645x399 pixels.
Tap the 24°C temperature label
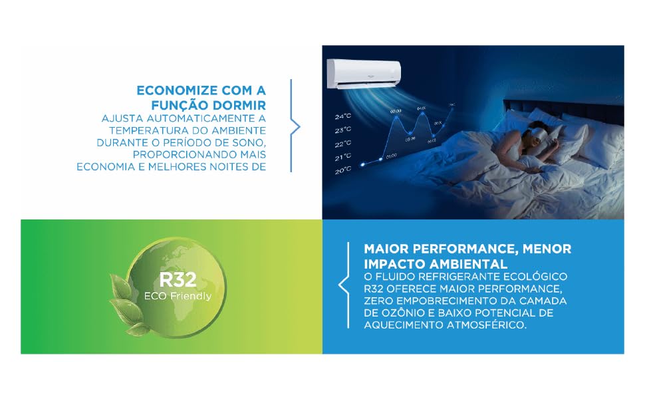(342, 116)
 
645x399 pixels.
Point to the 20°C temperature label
(342, 170)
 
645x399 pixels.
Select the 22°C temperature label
(342, 144)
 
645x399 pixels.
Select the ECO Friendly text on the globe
(178, 296)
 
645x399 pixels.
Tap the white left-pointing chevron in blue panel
(343, 285)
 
